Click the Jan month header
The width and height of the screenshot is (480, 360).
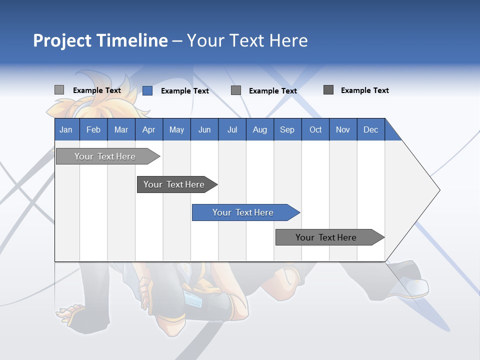tap(66, 129)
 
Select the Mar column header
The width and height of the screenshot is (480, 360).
tap(121, 129)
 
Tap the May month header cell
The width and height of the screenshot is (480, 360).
tap(176, 129)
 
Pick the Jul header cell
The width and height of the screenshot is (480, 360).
tap(232, 129)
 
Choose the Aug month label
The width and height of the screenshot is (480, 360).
tap(259, 129)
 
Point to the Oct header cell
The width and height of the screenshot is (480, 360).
tap(315, 129)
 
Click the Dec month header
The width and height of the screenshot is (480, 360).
tap(370, 129)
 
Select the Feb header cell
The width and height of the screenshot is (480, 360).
tap(93, 129)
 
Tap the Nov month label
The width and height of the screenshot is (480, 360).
tap(342, 129)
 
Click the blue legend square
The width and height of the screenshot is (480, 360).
tap(147, 90)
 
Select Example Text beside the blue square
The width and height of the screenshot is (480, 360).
tap(184, 91)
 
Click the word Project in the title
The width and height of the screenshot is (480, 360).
tap(62, 40)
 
